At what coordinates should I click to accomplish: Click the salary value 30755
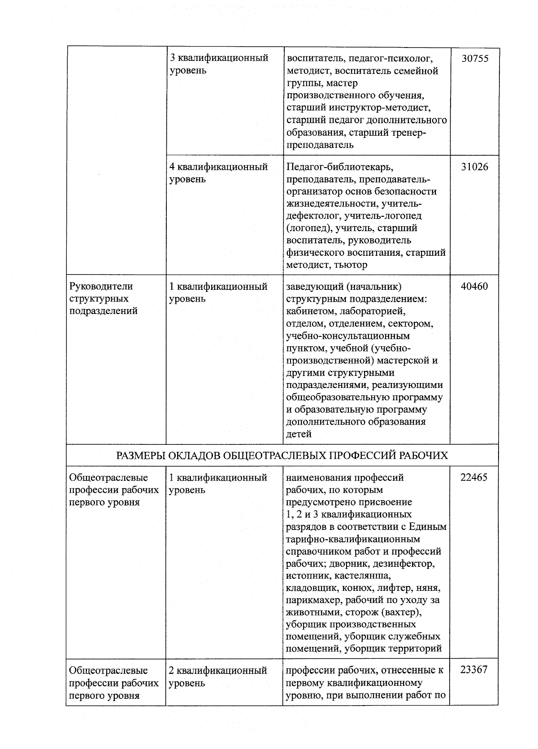(474, 59)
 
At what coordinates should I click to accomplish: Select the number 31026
(474, 167)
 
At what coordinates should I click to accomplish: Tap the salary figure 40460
(474, 286)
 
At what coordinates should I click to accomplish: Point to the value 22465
(474, 478)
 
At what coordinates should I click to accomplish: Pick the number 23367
(474, 671)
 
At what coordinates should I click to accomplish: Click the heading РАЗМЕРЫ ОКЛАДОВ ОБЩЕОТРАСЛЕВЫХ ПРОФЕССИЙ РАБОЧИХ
(282, 456)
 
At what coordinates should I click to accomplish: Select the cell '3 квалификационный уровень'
(219, 64)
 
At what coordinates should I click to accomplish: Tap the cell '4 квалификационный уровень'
(218, 173)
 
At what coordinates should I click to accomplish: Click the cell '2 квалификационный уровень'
(218, 676)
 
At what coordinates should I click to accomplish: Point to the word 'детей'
(299, 434)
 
